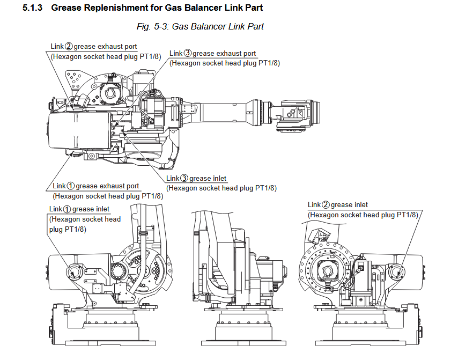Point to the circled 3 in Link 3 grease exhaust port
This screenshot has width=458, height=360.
point(188,54)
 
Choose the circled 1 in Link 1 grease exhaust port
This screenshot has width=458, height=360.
point(71,186)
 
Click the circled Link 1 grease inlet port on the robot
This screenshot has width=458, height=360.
point(73,273)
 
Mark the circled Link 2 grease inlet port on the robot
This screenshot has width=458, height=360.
point(397,273)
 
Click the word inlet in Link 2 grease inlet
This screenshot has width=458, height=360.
point(359,205)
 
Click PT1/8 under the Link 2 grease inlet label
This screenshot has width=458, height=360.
point(405,215)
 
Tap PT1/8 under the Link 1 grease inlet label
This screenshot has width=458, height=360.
point(76,229)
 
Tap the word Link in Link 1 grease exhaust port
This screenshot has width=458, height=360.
point(59,186)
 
